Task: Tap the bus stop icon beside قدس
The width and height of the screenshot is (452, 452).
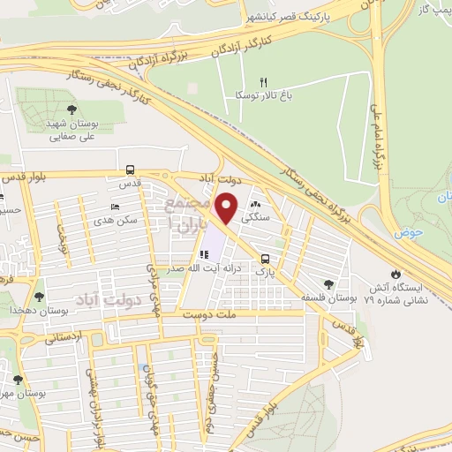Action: (131, 169)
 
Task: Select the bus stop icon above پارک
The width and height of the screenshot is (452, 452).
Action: (266, 259)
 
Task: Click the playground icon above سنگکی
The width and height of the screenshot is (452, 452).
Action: (267, 204)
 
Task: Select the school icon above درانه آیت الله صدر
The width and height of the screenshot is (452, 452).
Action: (205, 256)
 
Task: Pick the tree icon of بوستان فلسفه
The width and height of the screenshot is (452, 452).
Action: (328, 284)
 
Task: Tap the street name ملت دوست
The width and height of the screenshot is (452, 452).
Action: (207, 313)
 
